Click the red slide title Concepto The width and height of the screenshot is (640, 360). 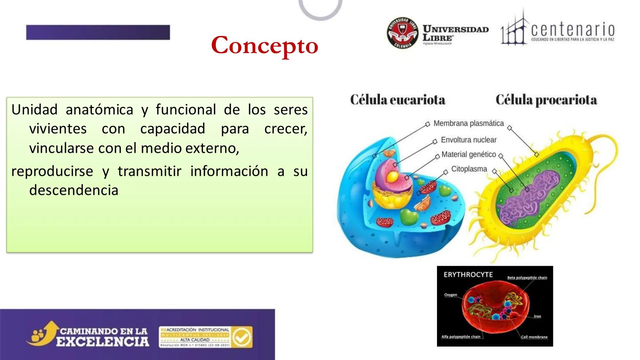point(265,46)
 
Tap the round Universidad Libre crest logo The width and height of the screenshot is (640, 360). point(403,33)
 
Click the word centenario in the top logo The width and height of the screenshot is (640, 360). point(572,30)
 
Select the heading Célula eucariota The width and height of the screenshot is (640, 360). point(398,100)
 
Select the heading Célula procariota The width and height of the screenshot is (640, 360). point(546,100)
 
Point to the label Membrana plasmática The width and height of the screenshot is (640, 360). point(468,123)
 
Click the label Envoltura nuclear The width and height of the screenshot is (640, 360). point(468,140)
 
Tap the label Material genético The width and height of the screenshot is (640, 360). point(468,155)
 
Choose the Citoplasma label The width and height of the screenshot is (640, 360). point(469,169)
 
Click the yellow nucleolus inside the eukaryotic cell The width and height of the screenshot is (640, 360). point(393,176)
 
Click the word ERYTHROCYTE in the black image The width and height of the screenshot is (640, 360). point(468,275)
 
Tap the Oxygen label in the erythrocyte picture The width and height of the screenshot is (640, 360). point(450,295)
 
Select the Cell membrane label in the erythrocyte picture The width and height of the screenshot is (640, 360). point(534,337)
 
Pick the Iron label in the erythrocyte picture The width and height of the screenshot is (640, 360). point(537,316)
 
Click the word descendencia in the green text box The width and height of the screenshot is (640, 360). point(74,190)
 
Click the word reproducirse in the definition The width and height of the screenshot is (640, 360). point(52,171)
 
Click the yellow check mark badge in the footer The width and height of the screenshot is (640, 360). point(242,337)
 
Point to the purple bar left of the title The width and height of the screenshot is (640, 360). point(98,32)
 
